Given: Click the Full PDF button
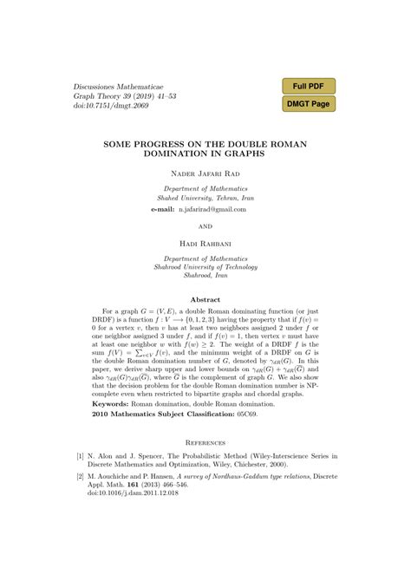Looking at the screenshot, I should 308,86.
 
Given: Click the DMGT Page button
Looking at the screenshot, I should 308,104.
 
